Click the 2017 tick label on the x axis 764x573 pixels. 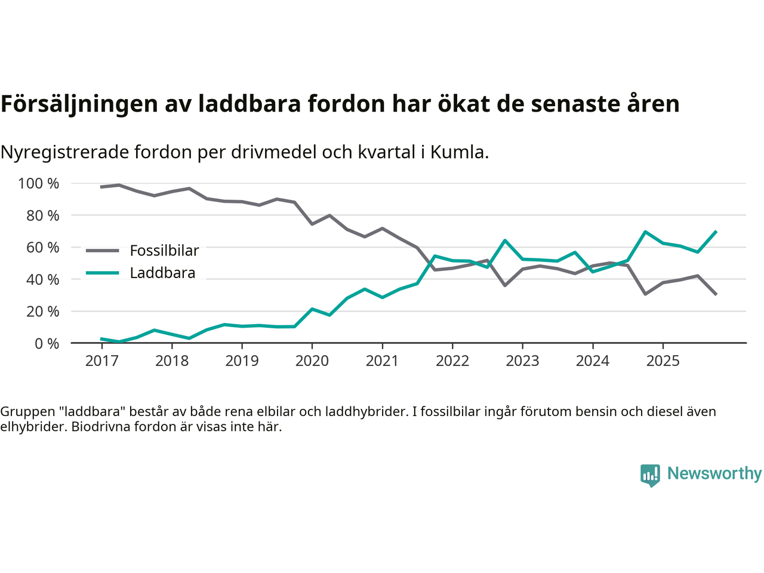[101, 361]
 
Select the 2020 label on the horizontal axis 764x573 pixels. [312, 361]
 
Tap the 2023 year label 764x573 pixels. [522, 361]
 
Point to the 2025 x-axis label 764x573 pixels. [663, 361]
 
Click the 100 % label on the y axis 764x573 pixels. [39, 184]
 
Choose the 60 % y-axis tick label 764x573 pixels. [42, 248]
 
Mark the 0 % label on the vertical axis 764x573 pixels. [47, 344]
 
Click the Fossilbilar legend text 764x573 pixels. [164, 251]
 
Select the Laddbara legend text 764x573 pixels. [162, 273]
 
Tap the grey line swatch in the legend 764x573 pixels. [103, 251]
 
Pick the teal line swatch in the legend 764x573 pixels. [103, 273]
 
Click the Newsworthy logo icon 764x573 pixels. [650, 475]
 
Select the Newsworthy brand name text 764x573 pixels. [714, 473]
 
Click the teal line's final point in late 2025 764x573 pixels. [716, 232]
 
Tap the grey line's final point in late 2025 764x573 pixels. [716, 294]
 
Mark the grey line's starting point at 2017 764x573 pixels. [101, 187]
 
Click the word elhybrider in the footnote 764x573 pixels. [32, 427]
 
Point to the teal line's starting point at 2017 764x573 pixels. [101, 339]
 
